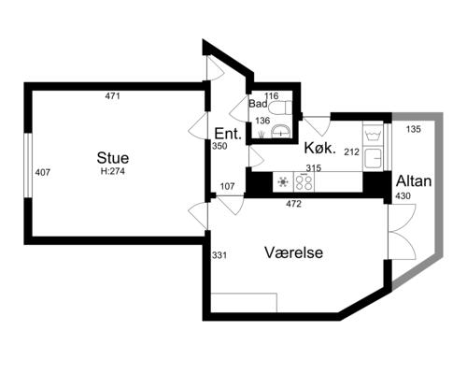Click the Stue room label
(x=113, y=158)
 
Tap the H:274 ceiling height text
(x=113, y=171)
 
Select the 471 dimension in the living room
(x=112, y=96)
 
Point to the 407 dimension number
(x=43, y=172)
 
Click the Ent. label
(x=228, y=134)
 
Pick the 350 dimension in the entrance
(x=219, y=146)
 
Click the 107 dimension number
(x=227, y=186)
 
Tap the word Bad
(x=258, y=104)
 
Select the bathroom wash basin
(x=281, y=131)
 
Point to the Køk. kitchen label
(x=320, y=148)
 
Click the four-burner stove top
(x=304, y=182)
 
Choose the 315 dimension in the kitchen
(x=313, y=168)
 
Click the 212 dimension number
(x=352, y=152)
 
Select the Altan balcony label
(x=414, y=181)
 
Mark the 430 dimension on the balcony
(x=403, y=196)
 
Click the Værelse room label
(x=293, y=252)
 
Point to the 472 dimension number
(x=294, y=204)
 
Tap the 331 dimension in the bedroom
(x=219, y=255)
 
